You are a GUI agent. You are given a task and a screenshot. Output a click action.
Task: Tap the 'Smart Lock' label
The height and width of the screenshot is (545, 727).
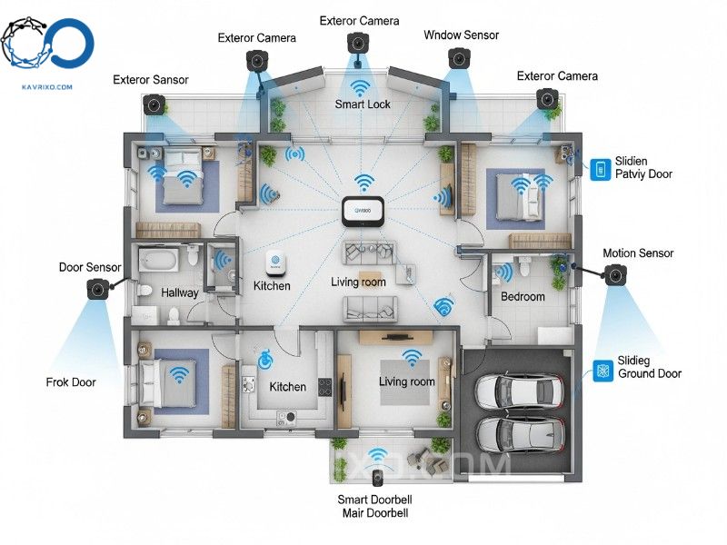pyautogui.click(x=362, y=104)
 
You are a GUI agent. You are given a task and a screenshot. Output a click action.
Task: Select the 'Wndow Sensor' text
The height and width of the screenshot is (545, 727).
pyautogui.click(x=461, y=35)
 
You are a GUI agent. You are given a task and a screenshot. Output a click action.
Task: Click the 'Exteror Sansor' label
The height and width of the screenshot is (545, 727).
pyautogui.click(x=151, y=80)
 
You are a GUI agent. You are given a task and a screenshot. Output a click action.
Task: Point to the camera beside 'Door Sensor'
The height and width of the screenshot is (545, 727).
pyautogui.click(x=97, y=289)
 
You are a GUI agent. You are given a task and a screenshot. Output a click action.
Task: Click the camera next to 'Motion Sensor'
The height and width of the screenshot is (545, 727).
pyautogui.click(x=615, y=273)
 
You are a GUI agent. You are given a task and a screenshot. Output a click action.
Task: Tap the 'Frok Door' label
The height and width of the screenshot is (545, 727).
pyautogui.click(x=71, y=382)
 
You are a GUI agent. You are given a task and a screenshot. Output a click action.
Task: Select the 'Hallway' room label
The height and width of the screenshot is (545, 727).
pyautogui.click(x=179, y=293)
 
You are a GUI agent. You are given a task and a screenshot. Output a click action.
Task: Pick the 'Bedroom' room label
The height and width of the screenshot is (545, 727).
pyautogui.click(x=523, y=297)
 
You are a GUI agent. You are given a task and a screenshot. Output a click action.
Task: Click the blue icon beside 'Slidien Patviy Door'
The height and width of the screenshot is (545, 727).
pyautogui.click(x=600, y=168)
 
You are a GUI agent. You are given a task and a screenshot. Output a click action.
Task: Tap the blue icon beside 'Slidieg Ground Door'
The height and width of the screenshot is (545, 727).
pyautogui.click(x=601, y=369)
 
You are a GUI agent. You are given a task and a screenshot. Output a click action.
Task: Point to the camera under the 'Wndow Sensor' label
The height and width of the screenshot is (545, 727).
pyautogui.click(x=457, y=59)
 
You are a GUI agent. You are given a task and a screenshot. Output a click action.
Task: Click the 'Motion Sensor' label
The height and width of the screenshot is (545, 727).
pyautogui.click(x=638, y=253)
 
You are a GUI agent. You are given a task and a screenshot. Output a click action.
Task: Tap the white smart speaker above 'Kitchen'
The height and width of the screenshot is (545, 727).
pyautogui.click(x=276, y=264)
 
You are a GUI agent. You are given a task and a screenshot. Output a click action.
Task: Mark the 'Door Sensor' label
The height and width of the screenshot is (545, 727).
pyautogui.click(x=90, y=267)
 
